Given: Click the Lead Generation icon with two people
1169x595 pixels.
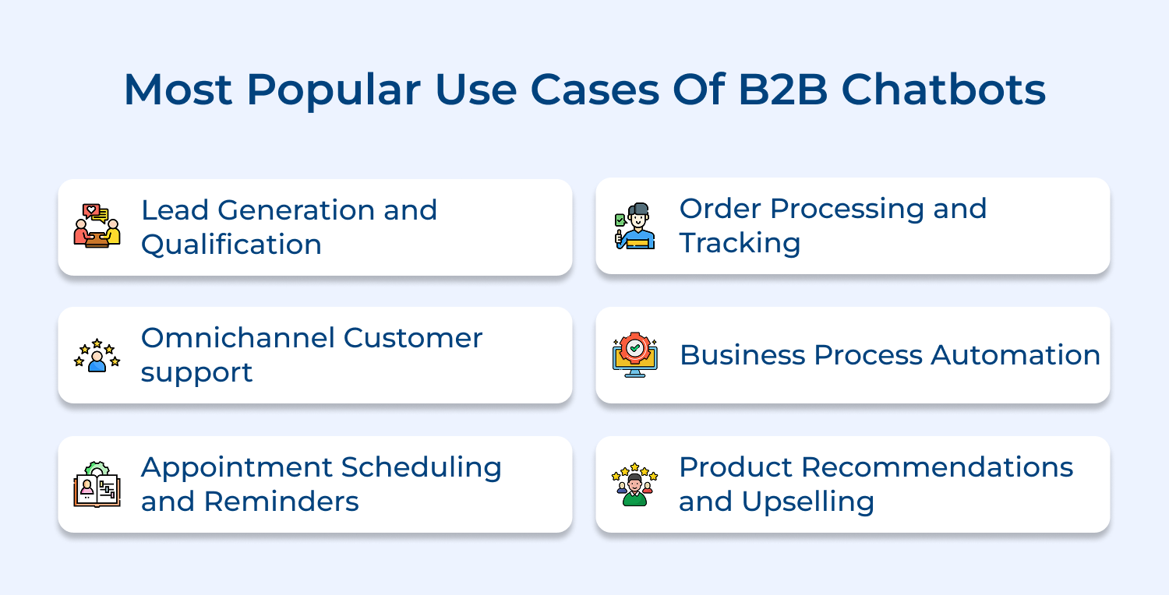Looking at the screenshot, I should pos(97,227).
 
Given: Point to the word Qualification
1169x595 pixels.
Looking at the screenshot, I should pos(231,245).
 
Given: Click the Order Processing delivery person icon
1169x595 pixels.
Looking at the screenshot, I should pos(634,226).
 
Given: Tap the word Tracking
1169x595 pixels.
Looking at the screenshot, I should pos(740,243).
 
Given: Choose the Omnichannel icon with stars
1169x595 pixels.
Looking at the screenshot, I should pos(97,355).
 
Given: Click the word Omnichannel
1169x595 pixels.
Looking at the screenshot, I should pos(237,338).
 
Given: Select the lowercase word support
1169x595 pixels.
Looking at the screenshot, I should pos(196,372).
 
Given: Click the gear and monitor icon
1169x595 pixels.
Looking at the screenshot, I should pos(634,355).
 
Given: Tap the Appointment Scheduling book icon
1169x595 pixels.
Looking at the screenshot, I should pos(97,484).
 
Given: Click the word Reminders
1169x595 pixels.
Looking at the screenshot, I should pos(281,502).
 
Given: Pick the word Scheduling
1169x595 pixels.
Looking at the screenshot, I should pos(421,467).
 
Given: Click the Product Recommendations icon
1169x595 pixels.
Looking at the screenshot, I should pos(634,484).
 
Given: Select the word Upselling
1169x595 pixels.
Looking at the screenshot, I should pos(808,502).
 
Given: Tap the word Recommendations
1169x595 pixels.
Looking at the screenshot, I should pos(938,467).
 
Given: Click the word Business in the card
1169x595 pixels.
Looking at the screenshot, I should pos(742,355).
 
